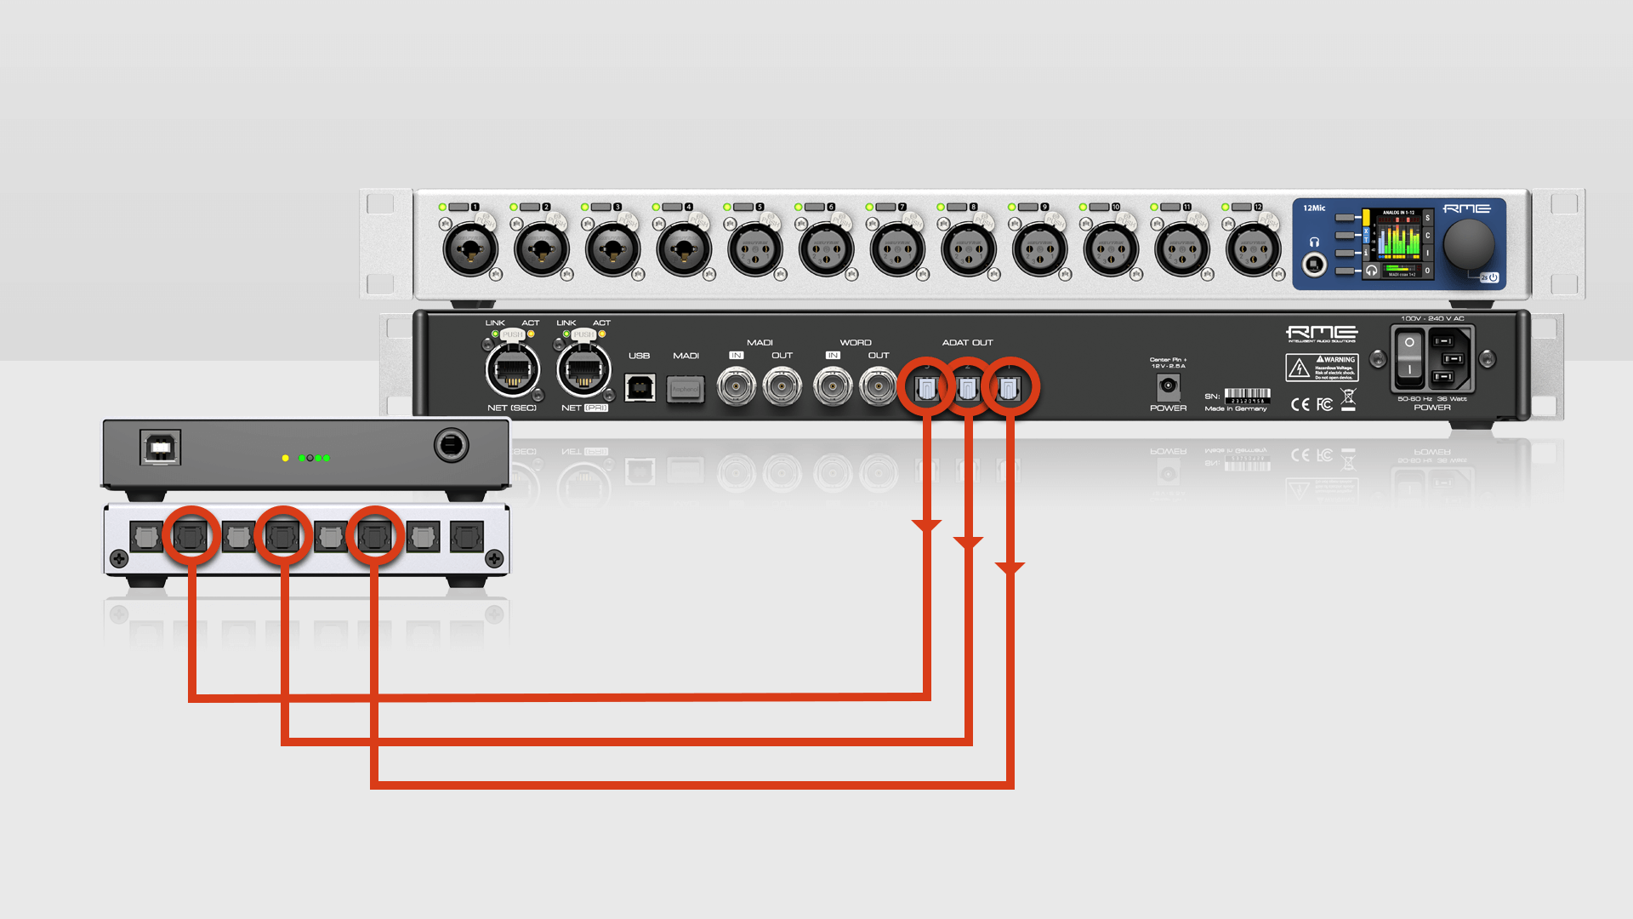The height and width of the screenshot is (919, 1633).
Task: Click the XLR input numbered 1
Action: [469, 250]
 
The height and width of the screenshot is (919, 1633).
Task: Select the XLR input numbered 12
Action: [1252, 250]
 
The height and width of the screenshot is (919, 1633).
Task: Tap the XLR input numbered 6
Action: [825, 250]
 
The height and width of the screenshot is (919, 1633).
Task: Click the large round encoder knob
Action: [1468, 244]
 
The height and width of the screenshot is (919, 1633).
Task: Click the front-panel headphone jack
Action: [1315, 265]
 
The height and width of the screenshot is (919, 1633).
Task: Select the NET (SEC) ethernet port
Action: [512, 370]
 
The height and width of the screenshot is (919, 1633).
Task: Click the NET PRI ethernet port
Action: [583, 370]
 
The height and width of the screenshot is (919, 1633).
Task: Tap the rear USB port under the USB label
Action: [640, 387]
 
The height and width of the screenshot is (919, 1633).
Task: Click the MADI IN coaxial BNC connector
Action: [737, 387]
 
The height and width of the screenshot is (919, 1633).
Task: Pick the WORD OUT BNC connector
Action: [878, 387]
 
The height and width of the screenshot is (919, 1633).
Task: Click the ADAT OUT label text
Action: [967, 343]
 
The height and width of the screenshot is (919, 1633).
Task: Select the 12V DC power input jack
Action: [1168, 386]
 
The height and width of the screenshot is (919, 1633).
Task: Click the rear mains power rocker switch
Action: [1409, 357]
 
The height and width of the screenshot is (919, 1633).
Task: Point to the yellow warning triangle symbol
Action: [1298, 368]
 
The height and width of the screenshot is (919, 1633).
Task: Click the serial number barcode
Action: [1247, 394]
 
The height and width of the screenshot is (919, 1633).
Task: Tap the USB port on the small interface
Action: [160, 448]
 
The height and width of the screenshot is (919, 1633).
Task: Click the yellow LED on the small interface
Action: [286, 459]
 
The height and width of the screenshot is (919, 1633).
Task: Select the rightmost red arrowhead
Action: [1010, 568]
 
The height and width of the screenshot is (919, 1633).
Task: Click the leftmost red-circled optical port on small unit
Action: [191, 536]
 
